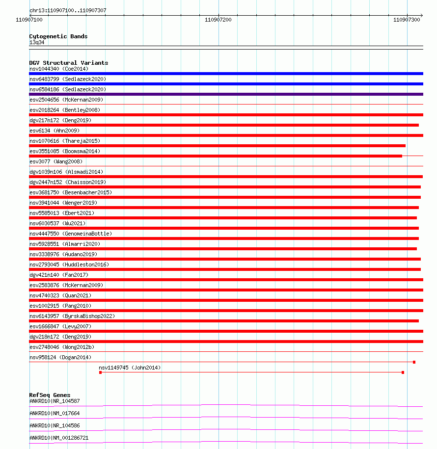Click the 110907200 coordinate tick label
coord(218,20)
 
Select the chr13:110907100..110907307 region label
coord(68,10)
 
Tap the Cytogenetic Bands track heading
coord(58,36)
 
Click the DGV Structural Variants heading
coord(69,63)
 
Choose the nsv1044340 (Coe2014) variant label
coord(59,69)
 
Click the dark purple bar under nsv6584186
coord(226,94)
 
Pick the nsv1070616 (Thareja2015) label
coord(65,141)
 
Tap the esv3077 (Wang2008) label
coord(56,161)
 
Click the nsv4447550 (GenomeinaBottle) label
coord(71,234)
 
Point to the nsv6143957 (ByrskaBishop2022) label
coord(72,316)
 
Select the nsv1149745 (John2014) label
coord(130,368)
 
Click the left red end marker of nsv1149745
coord(100,372)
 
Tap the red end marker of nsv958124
coord(414,362)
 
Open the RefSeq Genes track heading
coord(50,395)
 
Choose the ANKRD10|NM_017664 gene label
coord(55,413)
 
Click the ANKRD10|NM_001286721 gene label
coord(59,438)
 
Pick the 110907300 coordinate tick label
coord(407,20)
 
